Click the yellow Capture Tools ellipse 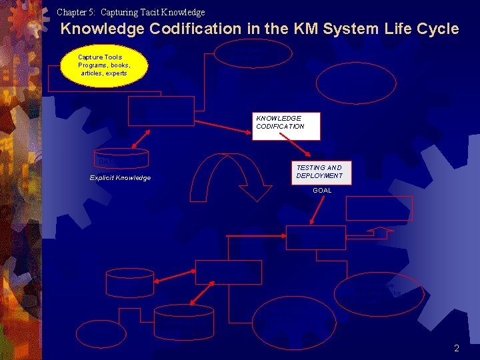point(103,65)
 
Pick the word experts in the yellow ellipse point(113,73)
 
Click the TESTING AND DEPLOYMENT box point(319,172)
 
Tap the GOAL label point(322,191)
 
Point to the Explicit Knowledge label point(120,178)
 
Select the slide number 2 point(457,348)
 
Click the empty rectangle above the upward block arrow point(379,208)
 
